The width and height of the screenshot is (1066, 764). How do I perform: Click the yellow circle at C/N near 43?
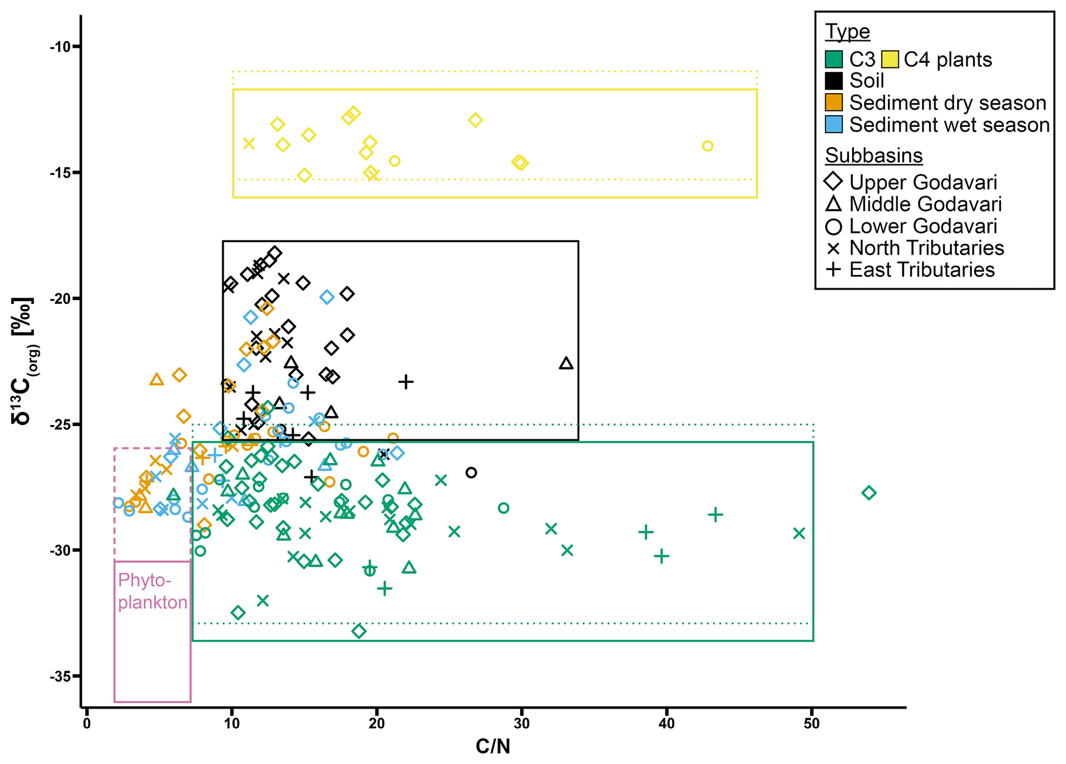click(x=708, y=146)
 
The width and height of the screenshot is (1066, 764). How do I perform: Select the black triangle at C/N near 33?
click(x=566, y=364)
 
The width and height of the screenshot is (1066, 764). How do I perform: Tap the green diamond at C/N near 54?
click(x=869, y=493)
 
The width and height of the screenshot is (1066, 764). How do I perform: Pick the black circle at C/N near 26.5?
click(x=471, y=473)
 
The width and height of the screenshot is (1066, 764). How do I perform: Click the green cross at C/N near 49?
click(x=799, y=533)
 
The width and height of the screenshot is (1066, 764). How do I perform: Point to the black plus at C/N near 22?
click(x=406, y=382)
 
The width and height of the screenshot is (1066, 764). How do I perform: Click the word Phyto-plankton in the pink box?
click(x=152, y=591)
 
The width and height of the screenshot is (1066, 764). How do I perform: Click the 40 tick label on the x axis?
click(x=666, y=724)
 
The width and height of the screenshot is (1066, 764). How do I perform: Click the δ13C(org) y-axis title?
click(x=24, y=361)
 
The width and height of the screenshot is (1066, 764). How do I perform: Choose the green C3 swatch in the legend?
click(x=833, y=59)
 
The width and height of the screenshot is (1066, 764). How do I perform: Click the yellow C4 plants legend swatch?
click(x=890, y=59)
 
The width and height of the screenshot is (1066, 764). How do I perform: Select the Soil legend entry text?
click(x=866, y=81)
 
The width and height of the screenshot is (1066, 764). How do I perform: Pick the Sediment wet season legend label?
click(x=949, y=125)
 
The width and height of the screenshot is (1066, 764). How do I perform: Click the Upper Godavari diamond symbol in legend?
click(x=833, y=182)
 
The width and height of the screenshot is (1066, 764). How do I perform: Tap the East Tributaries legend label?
click(x=922, y=270)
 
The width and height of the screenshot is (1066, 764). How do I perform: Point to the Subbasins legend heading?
click(x=874, y=155)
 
